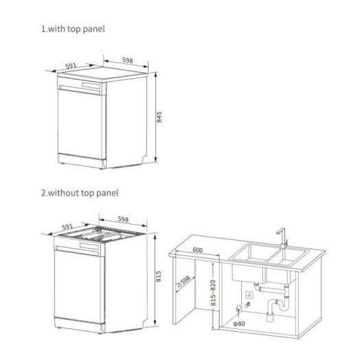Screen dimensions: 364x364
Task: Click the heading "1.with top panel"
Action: click(73, 30)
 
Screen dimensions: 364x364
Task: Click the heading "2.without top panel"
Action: click(79, 194)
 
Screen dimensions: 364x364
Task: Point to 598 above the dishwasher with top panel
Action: click(128, 60)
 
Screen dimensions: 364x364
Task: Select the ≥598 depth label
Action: click(184, 281)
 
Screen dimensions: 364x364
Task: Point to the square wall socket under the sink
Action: click(251, 294)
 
